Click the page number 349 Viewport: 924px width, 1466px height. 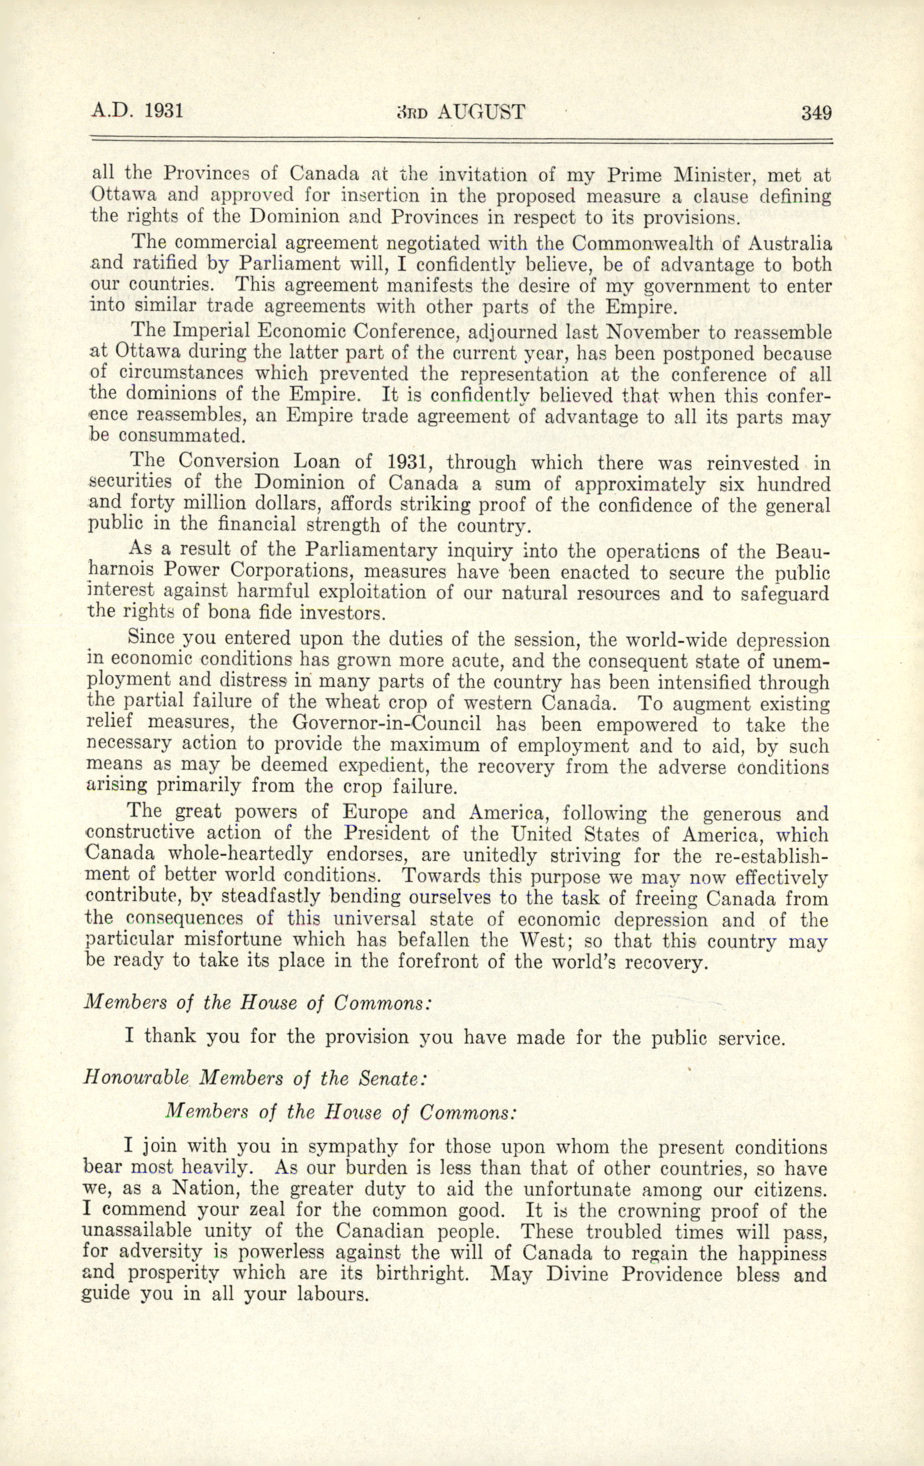[816, 113]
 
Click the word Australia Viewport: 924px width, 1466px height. [789, 243]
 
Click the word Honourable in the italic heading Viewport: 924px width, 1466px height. [136, 1078]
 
